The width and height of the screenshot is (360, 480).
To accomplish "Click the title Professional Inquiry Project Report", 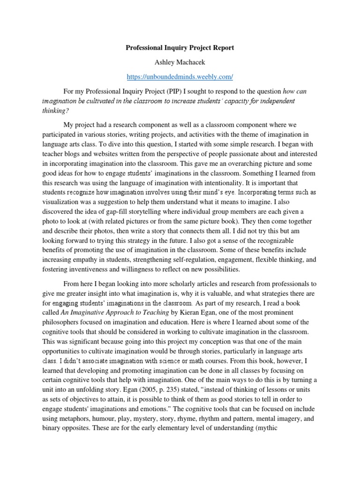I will [x=180, y=48].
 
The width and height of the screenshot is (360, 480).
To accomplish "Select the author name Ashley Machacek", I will [x=180, y=62].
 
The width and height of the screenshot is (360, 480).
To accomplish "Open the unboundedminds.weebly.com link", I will [x=180, y=76].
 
